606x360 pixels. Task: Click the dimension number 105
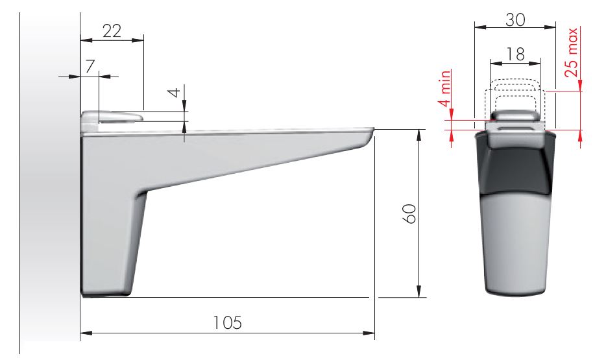[x=228, y=322]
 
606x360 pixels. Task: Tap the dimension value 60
[x=409, y=213]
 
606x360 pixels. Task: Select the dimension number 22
[x=112, y=31]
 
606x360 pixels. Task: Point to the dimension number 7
[x=90, y=66]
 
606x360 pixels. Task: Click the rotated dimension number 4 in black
[x=175, y=93]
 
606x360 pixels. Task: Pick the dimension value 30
[x=515, y=19]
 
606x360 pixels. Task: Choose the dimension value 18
[x=515, y=54]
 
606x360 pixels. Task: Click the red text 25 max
[x=572, y=53]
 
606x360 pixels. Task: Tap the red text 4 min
[x=445, y=88]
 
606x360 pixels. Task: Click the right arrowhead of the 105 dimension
[x=369, y=333]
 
